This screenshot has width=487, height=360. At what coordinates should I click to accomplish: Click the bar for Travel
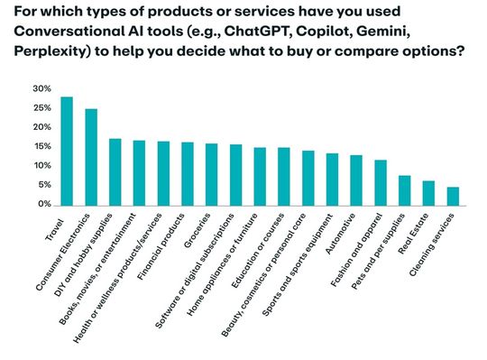[x=67, y=151]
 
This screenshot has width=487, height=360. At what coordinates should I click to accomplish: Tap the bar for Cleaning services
[x=453, y=196]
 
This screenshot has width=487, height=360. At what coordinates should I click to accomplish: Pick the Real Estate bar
[x=428, y=193]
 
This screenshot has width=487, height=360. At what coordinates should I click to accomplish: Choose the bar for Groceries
[x=211, y=174]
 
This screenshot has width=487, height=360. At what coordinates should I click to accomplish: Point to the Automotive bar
[x=356, y=180]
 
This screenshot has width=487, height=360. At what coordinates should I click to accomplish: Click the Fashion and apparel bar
[x=380, y=182]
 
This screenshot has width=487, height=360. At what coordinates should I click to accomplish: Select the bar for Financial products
[x=188, y=173]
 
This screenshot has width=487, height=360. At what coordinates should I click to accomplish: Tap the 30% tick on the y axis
[x=42, y=89]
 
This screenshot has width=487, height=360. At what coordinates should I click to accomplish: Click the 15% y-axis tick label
[x=42, y=147]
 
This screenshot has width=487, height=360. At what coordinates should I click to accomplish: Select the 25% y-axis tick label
[x=42, y=108]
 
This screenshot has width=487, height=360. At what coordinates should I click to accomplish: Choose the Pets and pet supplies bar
[x=404, y=189]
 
